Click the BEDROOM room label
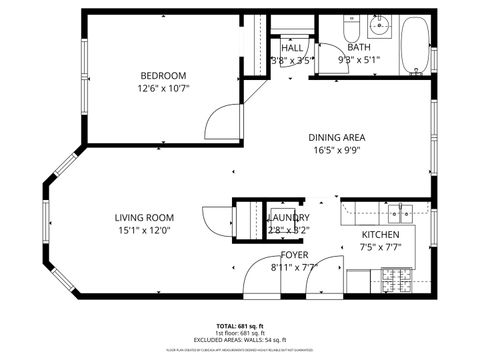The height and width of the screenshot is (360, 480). click(162, 76)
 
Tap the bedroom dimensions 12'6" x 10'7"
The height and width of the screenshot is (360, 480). click(162, 88)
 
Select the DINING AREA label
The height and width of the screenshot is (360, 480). click(336, 138)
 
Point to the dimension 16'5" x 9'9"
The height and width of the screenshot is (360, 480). click(336, 151)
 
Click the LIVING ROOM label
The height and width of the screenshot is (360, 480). click(144, 218)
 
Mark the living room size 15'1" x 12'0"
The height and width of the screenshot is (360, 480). click(144, 231)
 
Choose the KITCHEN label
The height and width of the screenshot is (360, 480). click(380, 236)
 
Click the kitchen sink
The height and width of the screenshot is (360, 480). click(400, 211)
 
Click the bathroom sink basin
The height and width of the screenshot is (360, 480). click(380, 25)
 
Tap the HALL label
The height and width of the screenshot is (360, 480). click(292, 48)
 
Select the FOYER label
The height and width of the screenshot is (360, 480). click(293, 256)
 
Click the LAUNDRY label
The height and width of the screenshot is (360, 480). click(289, 218)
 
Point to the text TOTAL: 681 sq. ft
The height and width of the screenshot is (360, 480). click(240, 326)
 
